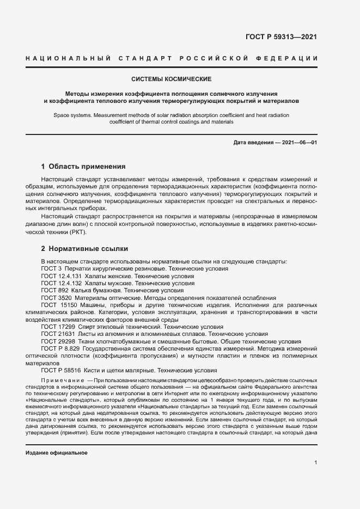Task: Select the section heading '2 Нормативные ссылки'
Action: point(84,249)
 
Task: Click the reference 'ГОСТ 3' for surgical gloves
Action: point(51,269)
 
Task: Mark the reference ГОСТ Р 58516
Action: point(60,370)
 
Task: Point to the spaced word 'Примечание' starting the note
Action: point(62,378)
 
